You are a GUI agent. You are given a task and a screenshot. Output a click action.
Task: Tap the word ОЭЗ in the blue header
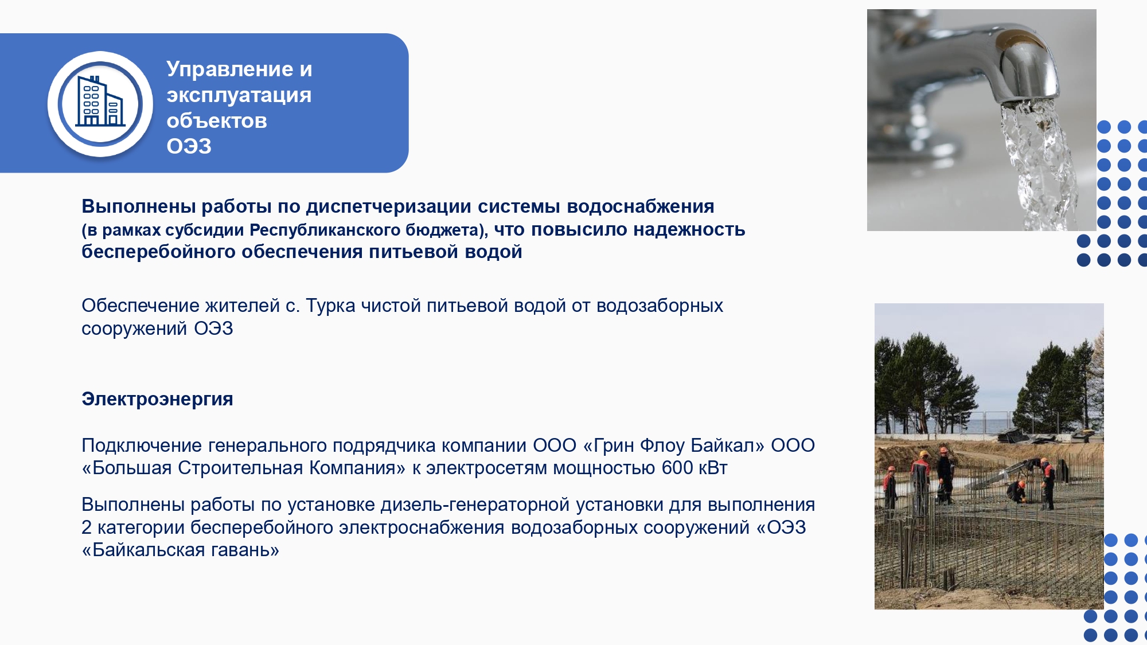[189, 146]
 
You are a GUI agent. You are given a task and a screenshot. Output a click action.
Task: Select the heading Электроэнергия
[157, 398]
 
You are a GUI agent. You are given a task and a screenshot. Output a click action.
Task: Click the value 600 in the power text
[677, 468]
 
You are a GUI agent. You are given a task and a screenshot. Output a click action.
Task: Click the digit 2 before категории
[87, 527]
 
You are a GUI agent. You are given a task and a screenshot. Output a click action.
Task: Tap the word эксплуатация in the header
[239, 95]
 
